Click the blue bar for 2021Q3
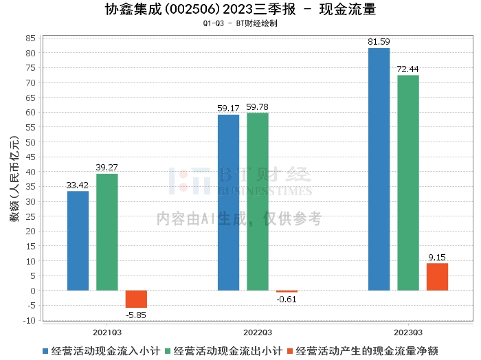[78, 240]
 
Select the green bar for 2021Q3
[107, 232]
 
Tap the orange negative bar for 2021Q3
[136, 299]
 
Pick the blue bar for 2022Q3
[228, 203]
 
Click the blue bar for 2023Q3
[379, 169]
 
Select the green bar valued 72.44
[408, 183]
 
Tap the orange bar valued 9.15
[437, 277]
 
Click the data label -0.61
[286, 299]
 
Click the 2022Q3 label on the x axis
[257, 330]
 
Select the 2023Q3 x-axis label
[407, 330]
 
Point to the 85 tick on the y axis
[31, 38]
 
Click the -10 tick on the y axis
[30, 320]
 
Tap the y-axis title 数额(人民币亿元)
[14, 179]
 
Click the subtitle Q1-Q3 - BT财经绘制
[240, 23]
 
